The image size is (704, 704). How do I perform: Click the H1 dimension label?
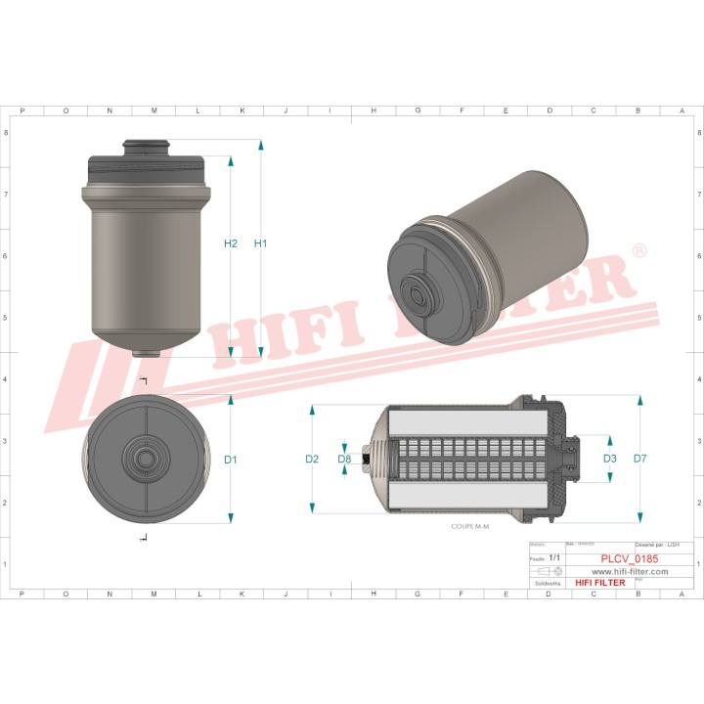coord(260,243)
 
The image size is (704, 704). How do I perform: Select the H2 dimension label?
coord(231,243)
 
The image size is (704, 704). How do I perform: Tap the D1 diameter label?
coord(231,460)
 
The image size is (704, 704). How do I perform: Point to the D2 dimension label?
coord(312,459)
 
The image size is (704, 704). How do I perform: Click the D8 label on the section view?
coord(344,459)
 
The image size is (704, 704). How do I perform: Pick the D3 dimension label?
coord(609,459)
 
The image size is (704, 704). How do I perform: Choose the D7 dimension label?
coord(640,459)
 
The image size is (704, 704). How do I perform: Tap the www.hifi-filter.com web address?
coord(630,571)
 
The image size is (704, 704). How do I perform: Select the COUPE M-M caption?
coord(469,527)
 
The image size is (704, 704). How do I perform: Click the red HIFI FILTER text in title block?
coord(599,583)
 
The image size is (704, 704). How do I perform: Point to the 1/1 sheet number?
coord(555,557)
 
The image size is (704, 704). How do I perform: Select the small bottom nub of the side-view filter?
coord(147,353)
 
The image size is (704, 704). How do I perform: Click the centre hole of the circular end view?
coord(147,459)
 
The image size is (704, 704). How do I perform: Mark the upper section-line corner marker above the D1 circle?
coord(144,381)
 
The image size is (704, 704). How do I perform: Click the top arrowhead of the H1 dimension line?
coord(261,145)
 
